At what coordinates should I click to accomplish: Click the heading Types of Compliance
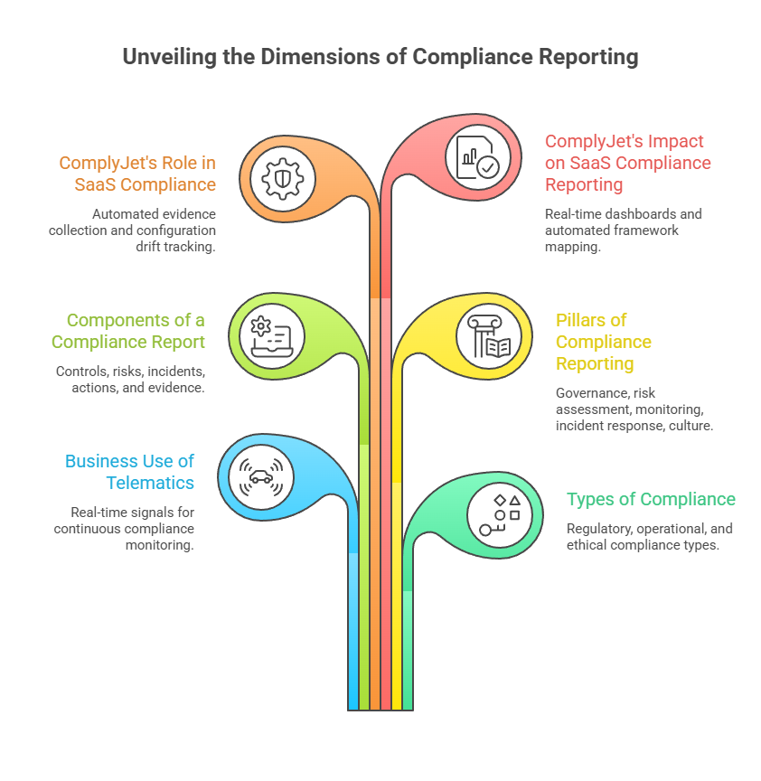(651, 499)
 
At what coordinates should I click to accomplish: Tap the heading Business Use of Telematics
(129, 472)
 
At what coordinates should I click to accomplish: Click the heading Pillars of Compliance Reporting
(603, 342)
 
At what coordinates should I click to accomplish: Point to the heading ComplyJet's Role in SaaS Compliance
(137, 174)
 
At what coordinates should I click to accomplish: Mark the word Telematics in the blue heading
(150, 483)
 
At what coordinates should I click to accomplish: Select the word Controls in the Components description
(80, 372)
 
